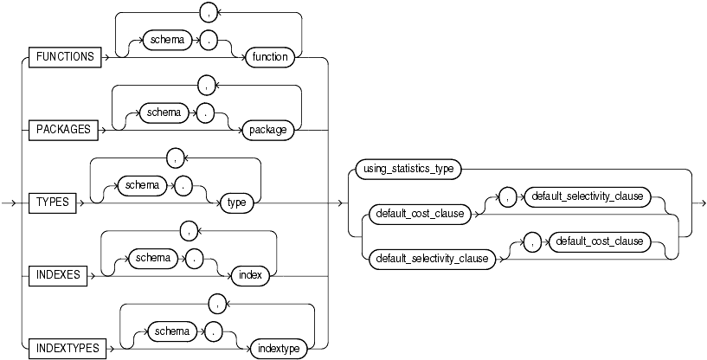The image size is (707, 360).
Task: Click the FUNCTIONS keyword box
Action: (x=65, y=58)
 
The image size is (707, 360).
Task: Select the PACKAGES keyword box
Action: (x=64, y=131)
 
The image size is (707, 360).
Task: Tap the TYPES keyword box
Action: (x=52, y=203)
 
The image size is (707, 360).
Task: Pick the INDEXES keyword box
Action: (x=57, y=276)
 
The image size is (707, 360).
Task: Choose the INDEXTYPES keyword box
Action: (x=65, y=349)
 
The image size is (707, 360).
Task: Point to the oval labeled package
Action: (x=269, y=131)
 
